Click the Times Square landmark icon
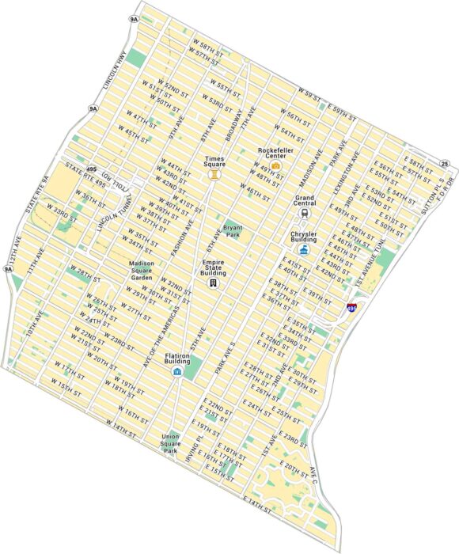coord(214,176)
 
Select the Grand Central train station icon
coord(305,212)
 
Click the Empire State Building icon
coord(213,282)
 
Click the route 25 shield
coord(446,164)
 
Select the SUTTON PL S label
coord(440,189)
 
